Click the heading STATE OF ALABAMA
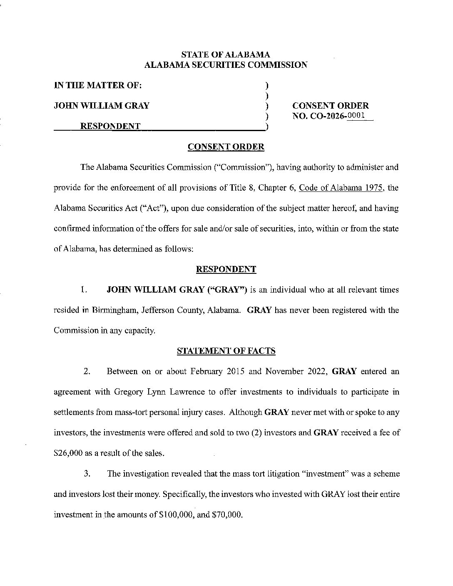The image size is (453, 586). (226, 55)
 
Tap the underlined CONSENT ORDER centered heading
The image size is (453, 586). (226, 146)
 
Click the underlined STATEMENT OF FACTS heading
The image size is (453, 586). (226, 351)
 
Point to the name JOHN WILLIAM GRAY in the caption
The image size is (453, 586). (102, 106)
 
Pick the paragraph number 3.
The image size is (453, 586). (87, 474)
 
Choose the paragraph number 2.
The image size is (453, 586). (87, 371)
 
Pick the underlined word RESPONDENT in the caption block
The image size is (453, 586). (110, 126)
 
